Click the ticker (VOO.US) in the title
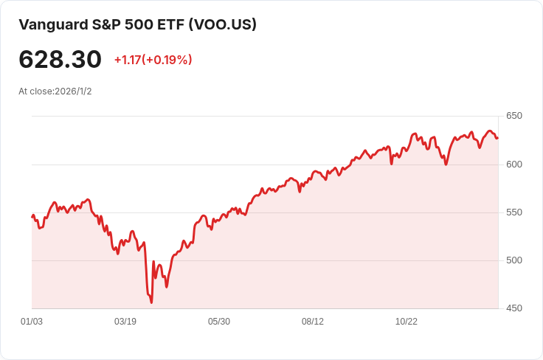point(223,24)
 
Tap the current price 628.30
point(60,59)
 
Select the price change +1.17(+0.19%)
point(153,60)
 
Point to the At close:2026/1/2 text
point(55,91)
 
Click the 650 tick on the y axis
point(513,116)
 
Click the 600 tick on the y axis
point(513,164)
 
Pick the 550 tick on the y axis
point(513,212)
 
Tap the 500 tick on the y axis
point(513,260)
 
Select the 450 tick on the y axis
point(513,308)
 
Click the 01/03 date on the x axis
point(32,322)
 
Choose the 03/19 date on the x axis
point(125,322)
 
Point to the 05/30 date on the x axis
point(219,322)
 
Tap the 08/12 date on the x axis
point(313,322)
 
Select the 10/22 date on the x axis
point(407,322)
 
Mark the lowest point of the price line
point(151,302)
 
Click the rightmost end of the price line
point(497,138)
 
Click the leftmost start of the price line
point(32,216)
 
